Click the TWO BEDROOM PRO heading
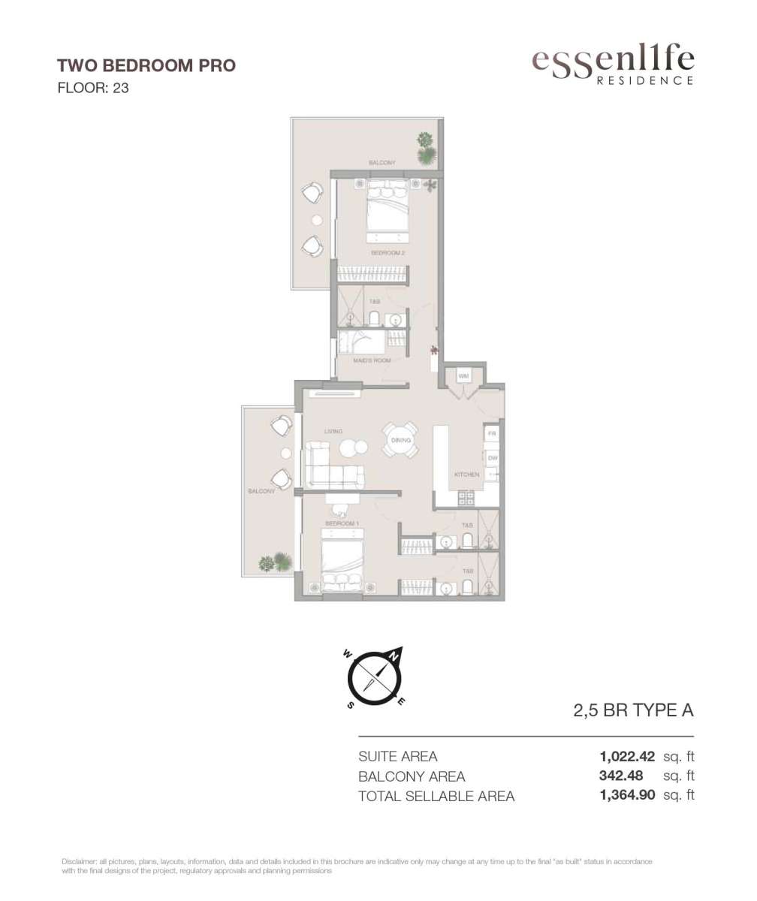tap(146, 65)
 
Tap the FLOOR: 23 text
tap(93, 88)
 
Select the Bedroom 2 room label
tap(388, 253)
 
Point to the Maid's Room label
tap(372, 360)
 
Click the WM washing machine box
tap(463, 376)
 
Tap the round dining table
tap(400, 440)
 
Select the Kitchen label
tap(466, 475)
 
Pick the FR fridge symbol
tap(492, 433)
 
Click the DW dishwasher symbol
tap(493, 458)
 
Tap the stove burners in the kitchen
tap(466, 498)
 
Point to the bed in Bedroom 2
tap(387, 211)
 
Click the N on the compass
tap(394, 668)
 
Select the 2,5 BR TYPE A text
tap(633, 710)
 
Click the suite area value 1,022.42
tap(627, 756)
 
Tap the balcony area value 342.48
tap(621, 776)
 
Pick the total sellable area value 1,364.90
tap(627, 795)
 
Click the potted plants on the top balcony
tap(427, 148)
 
